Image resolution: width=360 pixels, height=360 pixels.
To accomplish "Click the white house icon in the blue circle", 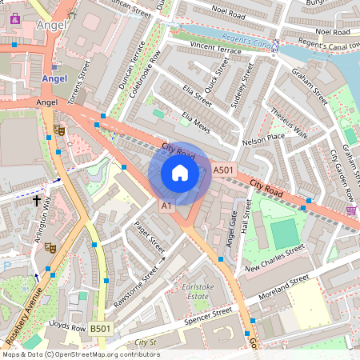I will [180, 173].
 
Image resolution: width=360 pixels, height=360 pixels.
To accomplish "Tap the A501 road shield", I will [223, 170].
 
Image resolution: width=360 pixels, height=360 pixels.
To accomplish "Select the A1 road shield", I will [166, 206].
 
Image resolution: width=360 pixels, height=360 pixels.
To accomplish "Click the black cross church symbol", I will [37, 200].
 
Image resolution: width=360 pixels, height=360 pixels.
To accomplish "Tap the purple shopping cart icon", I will [351, 210].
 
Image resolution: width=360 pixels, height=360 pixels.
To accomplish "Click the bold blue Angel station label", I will [54, 79].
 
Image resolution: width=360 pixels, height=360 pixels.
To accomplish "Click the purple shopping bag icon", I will [14, 18].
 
